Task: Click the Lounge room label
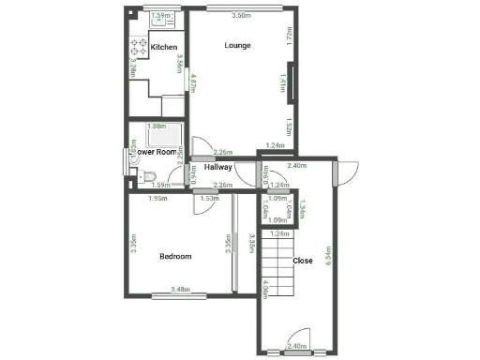[237, 45]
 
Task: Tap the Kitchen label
[164, 47]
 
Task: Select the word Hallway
[218, 167]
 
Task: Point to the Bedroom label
[175, 256]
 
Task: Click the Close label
[303, 261]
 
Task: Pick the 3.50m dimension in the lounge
[241, 16]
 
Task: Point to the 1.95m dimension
[158, 198]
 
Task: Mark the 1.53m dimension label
[208, 198]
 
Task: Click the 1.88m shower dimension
[157, 126]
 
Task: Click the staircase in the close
[277, 258]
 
